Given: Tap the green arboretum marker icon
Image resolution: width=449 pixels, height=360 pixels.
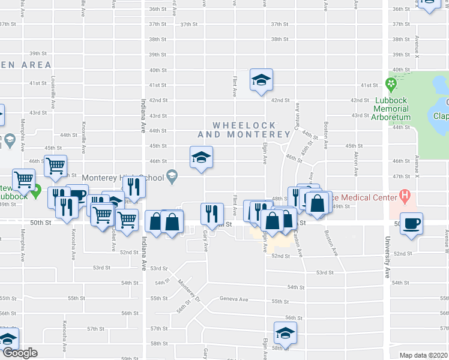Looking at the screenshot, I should pos(391,83).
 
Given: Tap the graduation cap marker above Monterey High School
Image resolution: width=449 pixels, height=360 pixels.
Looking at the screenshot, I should pos(202,157).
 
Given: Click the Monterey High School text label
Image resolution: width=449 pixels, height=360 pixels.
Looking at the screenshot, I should pos(122,178).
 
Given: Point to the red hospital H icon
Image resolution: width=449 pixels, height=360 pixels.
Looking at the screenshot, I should pos(405,196).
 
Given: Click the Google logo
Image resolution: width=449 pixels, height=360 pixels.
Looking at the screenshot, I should pos(19,352).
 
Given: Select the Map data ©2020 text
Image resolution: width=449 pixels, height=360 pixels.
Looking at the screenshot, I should pos(424,355).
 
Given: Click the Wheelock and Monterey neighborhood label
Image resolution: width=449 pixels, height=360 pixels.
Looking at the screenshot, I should pos(244,130).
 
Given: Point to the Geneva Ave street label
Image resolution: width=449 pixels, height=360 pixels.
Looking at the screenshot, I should pos(234,299).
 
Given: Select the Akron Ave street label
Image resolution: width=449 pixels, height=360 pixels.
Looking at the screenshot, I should pos(355,168).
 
